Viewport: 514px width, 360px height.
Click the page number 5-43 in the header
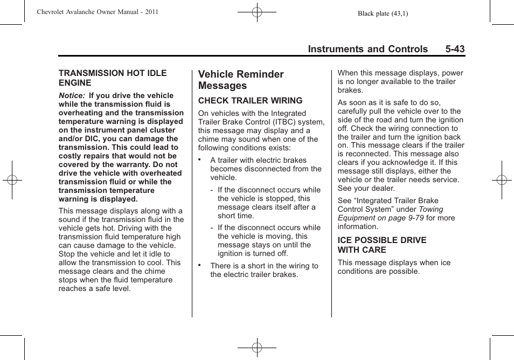[x=455, y=49]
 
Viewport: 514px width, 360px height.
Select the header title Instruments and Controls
[x=367, y=49]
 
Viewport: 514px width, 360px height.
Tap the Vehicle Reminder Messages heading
[x=241, y=80]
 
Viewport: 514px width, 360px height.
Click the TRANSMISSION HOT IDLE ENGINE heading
[x=113, y=78]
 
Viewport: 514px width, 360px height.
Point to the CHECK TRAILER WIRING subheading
[x=250, y=100]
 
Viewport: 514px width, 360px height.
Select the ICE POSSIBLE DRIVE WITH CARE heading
[x=381, y=245]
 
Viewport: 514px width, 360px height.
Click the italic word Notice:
[x=72, y=95]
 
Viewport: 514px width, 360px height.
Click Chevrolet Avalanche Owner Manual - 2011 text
[x=98, y=12]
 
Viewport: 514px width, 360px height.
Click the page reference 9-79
[x=415, y=218]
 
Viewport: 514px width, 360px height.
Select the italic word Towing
[x=431, y=209]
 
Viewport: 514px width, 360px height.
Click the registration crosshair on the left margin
[x=11, y=180]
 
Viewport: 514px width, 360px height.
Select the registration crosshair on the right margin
[x=502, y=180]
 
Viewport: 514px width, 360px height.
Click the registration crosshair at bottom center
[x=257, y=348]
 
